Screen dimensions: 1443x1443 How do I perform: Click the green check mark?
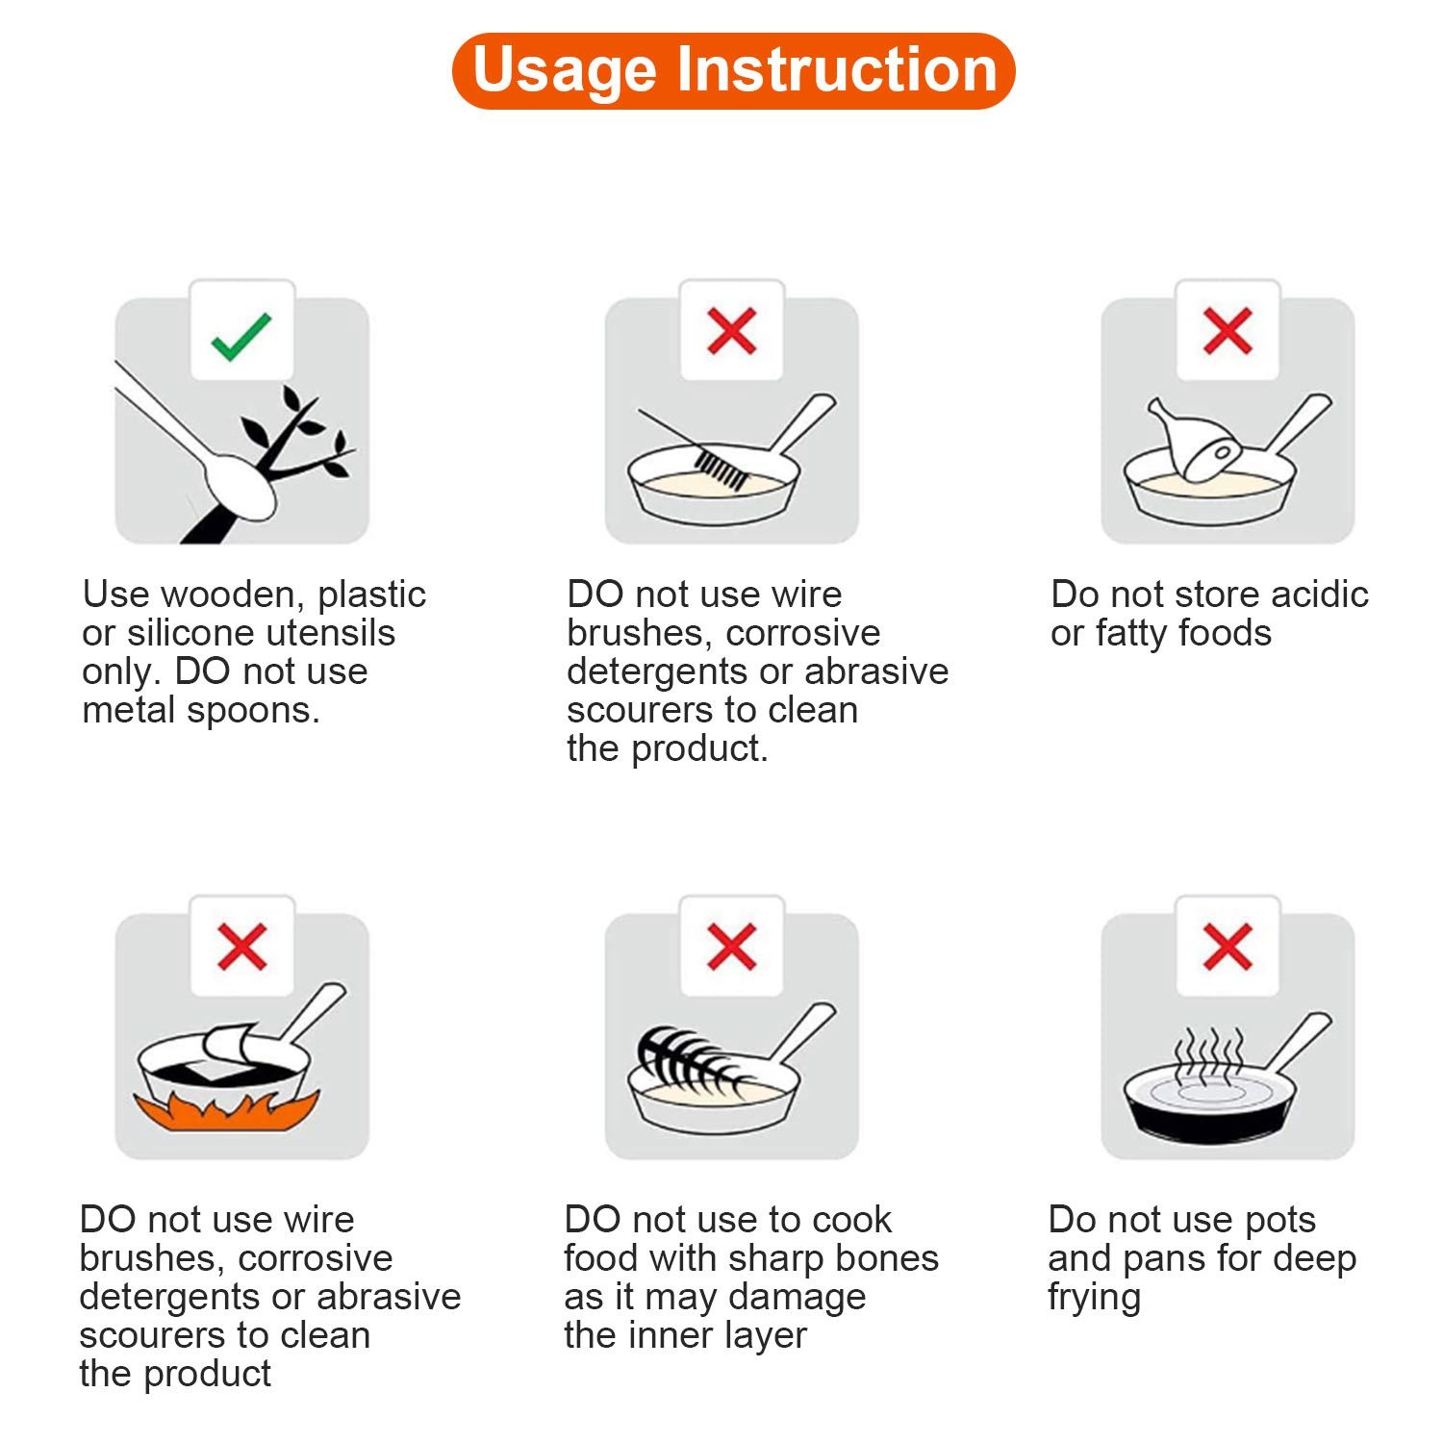(x=241, y=336)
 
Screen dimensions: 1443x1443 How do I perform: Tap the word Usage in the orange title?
(x=564, y=70)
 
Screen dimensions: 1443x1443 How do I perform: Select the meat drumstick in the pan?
(x=1195, y=438)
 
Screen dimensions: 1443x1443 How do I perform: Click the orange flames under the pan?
(x=227, y=1110)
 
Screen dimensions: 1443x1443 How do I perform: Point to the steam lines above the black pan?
(x=1209, y=1056)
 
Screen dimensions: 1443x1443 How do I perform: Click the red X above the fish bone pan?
(x=731, y=947)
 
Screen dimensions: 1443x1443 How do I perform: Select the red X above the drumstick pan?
(x=1228, y=331)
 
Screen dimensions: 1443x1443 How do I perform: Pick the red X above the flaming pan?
(x=241, y=947)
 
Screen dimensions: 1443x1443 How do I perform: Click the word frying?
(x=1095, y=1299)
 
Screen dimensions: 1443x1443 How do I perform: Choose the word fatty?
(x=1129, y=635)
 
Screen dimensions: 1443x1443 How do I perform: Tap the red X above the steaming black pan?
(x=1228, y=947)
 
